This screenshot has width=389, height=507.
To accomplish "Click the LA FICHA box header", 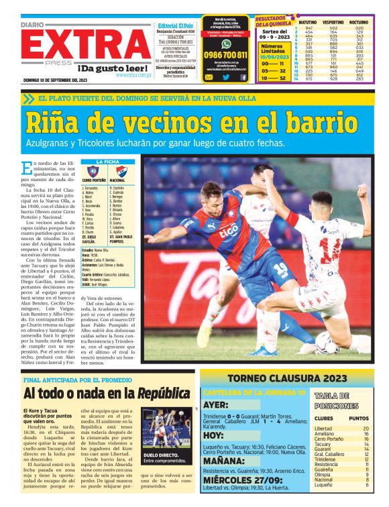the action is click(108, 162).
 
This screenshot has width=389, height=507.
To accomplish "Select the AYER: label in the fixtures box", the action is click(216, 404).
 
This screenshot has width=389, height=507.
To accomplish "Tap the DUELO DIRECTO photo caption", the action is click(161, 455).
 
